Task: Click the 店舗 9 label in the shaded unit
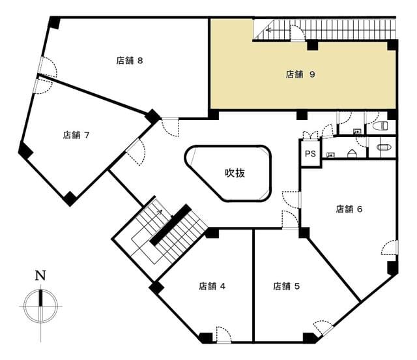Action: coord(300,74)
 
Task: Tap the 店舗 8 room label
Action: coord(130,61)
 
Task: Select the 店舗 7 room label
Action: coord(76,135)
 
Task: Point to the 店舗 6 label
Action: coord(349,209)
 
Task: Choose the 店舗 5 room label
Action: coord(287,286)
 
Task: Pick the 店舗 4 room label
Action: coord(212,286)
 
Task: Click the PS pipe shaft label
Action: coord(310,154)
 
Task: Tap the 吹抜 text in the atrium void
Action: coord(235,173)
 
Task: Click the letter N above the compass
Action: coord(40,276)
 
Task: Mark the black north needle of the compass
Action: coord(40,297)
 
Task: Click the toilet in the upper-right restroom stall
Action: coord(381,126)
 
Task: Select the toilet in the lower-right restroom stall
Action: coord(383,147)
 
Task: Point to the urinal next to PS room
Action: coord(352,154)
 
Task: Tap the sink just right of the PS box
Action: coord(330,155)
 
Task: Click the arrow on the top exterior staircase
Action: coord(268,30)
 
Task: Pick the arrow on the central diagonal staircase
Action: coord(160,212)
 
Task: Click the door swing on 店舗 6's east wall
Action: coord(390,247)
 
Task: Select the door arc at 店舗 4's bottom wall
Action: coord(223,334)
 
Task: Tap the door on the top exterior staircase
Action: coord(297,33)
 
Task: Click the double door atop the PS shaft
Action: coord(310,135)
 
